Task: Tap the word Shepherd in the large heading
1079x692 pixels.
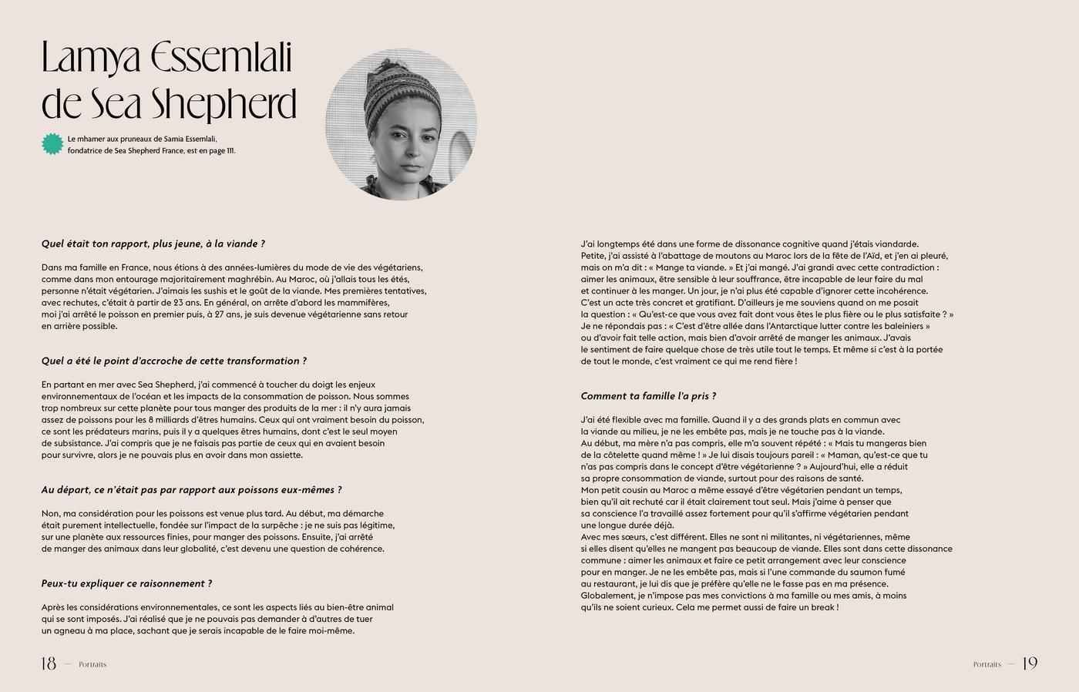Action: click(223, 105)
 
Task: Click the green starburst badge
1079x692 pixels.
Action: click(52, 144)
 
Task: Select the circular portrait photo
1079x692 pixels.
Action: click(402, 124)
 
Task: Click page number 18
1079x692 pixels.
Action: click(49, 663)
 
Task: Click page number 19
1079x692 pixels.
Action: click(1030, 663)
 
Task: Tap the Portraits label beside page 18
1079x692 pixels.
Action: click(92, 664)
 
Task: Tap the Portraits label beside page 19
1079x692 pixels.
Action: click(987, 664)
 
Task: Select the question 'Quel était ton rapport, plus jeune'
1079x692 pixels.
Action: click(153, 244)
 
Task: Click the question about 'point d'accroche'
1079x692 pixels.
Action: click(173, 361)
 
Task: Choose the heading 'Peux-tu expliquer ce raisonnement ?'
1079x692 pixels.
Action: click(126, 583)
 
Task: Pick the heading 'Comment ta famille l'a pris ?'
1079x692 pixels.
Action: click(648, 396)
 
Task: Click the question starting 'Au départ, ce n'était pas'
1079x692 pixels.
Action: click(191, 489)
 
